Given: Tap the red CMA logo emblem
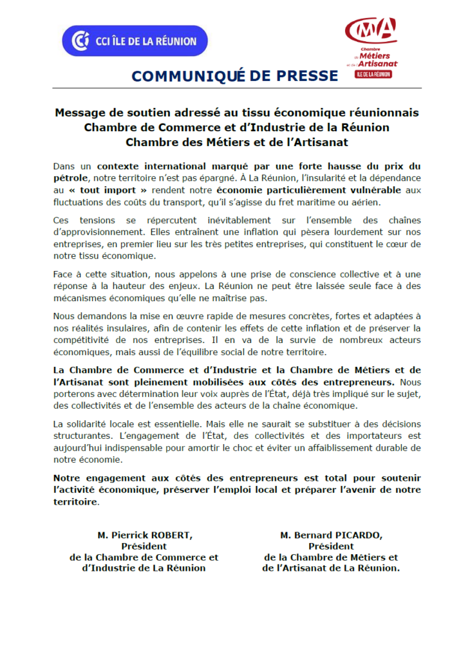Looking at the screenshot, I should coord(370,30).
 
